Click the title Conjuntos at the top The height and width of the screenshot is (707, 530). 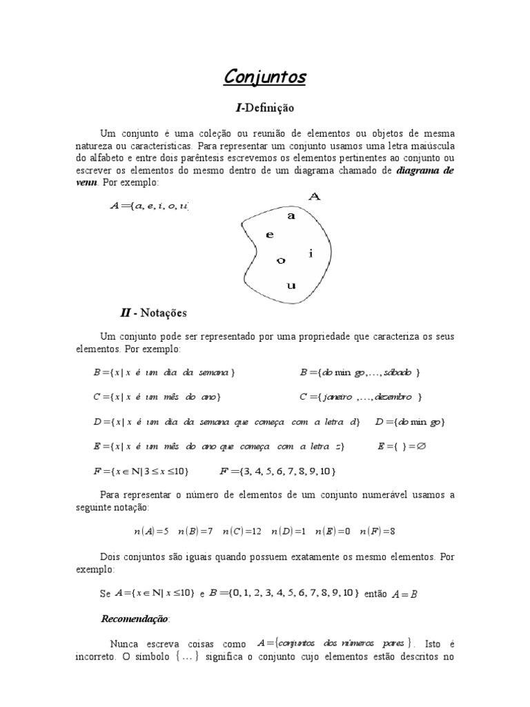pos(264,77)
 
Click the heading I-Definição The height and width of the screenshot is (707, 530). pos(264,108)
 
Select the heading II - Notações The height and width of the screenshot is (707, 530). pos(153,313)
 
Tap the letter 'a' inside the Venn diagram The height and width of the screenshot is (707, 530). pos(291,215)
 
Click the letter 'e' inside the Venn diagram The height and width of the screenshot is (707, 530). pos(270,235)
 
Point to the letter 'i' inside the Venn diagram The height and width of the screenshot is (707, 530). pos(311,253)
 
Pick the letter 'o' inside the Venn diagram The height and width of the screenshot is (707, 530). pos(280,260)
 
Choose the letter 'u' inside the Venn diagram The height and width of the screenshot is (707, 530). pos(291,284)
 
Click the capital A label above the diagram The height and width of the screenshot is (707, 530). pos(314,197)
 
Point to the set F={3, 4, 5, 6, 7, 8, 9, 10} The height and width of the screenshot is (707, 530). pos(277,472)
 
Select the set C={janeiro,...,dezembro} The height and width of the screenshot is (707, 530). pos(360,397)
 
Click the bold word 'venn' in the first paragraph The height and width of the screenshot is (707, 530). pos(87,182)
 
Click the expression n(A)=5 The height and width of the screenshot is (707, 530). pos(151,532)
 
